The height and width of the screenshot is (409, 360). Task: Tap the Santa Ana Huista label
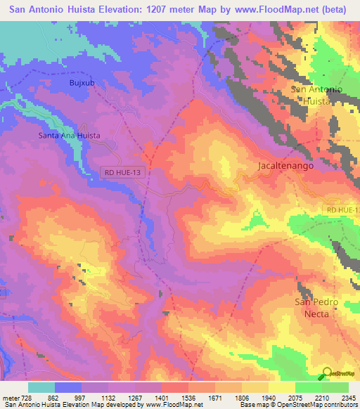tap(69, 135)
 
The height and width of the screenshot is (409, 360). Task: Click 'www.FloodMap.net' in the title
tap(267, 10)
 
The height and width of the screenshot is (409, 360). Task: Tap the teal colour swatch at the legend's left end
tap(41, 387)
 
